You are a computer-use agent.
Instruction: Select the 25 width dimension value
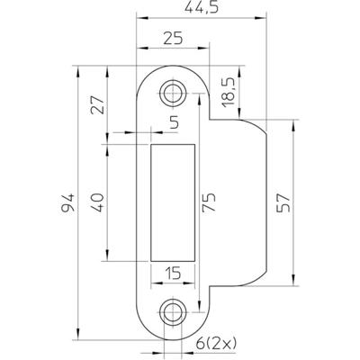175,37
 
